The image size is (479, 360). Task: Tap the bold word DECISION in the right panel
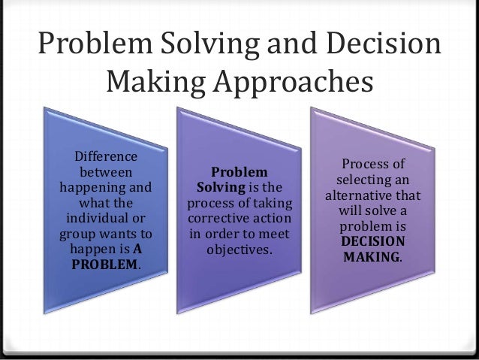[x=372, y=242]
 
